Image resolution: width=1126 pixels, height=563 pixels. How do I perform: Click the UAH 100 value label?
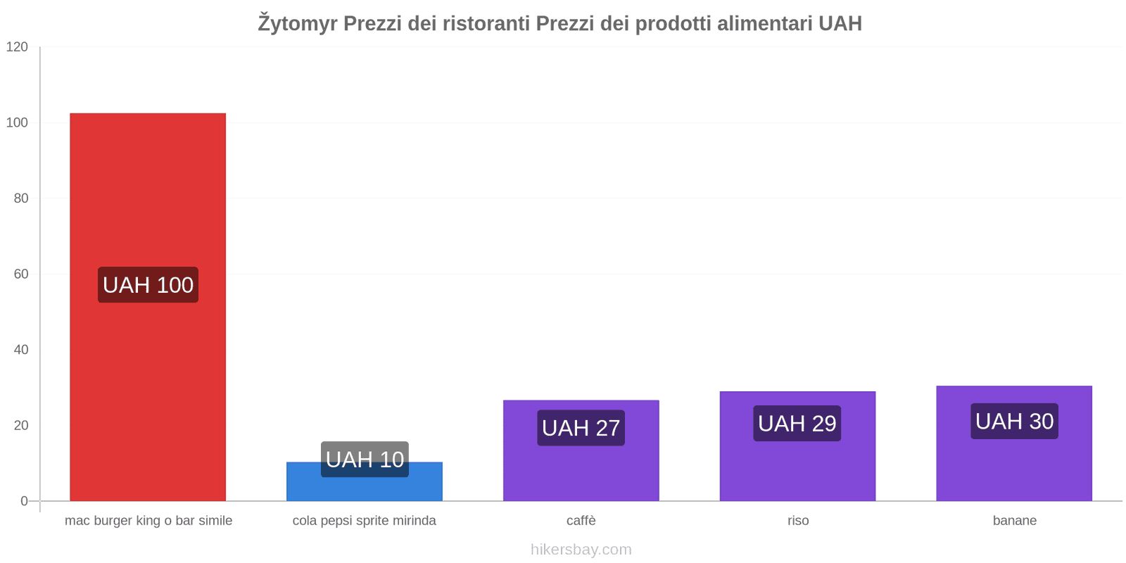148,285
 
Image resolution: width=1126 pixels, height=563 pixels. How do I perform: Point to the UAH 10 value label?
365,460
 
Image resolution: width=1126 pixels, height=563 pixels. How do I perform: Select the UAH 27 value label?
581,428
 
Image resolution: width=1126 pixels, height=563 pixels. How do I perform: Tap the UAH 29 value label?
797,424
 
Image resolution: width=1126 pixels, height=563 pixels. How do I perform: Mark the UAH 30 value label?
1014,422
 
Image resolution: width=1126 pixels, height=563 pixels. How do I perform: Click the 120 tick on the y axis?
17,47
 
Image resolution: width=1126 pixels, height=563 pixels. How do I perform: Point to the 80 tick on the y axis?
21,198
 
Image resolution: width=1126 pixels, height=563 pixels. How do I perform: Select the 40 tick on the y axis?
21,350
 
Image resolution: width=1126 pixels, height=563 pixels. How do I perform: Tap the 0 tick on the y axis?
25,501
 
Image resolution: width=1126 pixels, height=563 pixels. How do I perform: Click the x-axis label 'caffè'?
581,521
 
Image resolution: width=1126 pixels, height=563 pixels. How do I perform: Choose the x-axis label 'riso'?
798,521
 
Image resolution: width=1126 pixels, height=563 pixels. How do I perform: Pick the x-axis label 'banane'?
1015,521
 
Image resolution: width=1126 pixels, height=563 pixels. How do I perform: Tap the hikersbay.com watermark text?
581,550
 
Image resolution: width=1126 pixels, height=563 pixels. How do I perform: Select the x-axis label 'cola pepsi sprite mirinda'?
365,521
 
